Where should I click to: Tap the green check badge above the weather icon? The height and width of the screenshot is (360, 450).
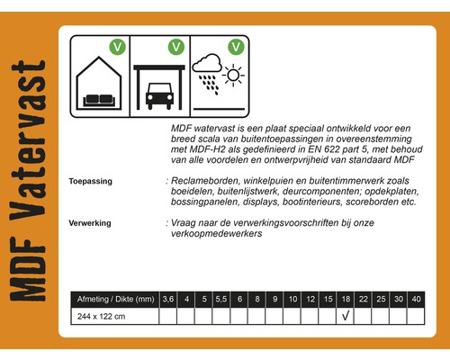(x=236, y=44)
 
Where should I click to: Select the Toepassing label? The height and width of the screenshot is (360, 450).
(x=90, y=182)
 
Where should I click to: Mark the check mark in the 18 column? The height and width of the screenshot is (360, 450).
(x=346, y=316)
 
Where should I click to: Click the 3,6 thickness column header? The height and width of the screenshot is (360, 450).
(x=168, y=298)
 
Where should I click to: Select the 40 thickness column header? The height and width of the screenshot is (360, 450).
(x=415, y=298)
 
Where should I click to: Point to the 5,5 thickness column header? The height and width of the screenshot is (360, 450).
(x=221, y=298)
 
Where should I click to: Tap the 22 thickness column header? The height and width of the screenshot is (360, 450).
(x=363, y=298)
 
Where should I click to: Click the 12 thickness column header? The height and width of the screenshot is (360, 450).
(x=310, y=298)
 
